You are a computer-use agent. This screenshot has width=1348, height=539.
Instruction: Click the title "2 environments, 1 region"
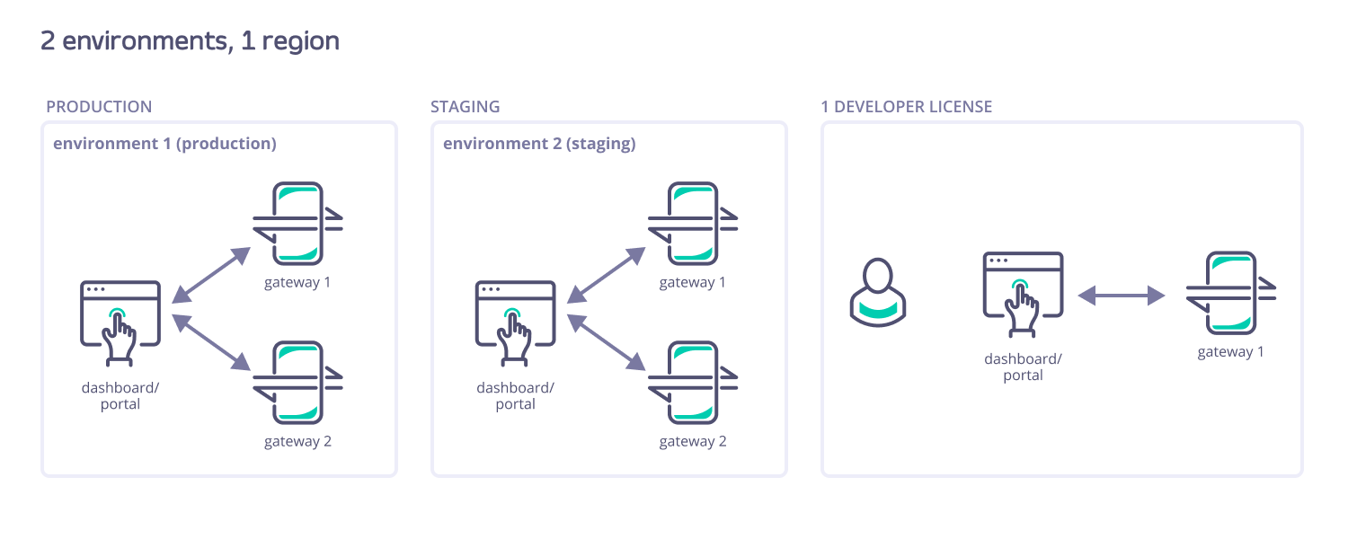[x=191, y=41]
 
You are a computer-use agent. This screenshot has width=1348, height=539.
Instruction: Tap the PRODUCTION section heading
[x=99, y=107]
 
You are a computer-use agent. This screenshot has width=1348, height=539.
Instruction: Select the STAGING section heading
[x=465, y=107]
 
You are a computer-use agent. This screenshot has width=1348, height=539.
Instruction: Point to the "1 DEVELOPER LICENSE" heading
[x=906, y=107]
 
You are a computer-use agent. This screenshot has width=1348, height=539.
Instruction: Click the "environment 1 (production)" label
[x=164, y=144]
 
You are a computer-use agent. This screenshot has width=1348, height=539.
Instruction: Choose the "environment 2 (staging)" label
[x=539, y=144]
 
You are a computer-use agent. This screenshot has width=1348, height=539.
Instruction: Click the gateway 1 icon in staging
[x=693, y=223]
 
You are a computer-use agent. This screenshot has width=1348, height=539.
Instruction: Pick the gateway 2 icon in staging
[x=693, y=382]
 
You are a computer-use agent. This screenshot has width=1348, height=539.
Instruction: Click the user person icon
[x=877, y=291]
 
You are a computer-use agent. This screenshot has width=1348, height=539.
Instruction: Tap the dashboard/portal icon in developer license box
[x=1023, y=294]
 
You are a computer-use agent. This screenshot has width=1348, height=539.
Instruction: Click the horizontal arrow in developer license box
[x=1122, y=295]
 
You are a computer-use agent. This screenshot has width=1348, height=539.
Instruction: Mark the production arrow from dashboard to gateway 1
[x=210, y=274]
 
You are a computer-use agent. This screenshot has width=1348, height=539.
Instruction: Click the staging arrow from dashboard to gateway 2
[x=607, y=342]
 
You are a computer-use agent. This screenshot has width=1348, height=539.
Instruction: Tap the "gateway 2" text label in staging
[x=693, y=442]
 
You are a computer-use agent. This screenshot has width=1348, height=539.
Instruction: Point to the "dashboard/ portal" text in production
[x=120, y=396]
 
